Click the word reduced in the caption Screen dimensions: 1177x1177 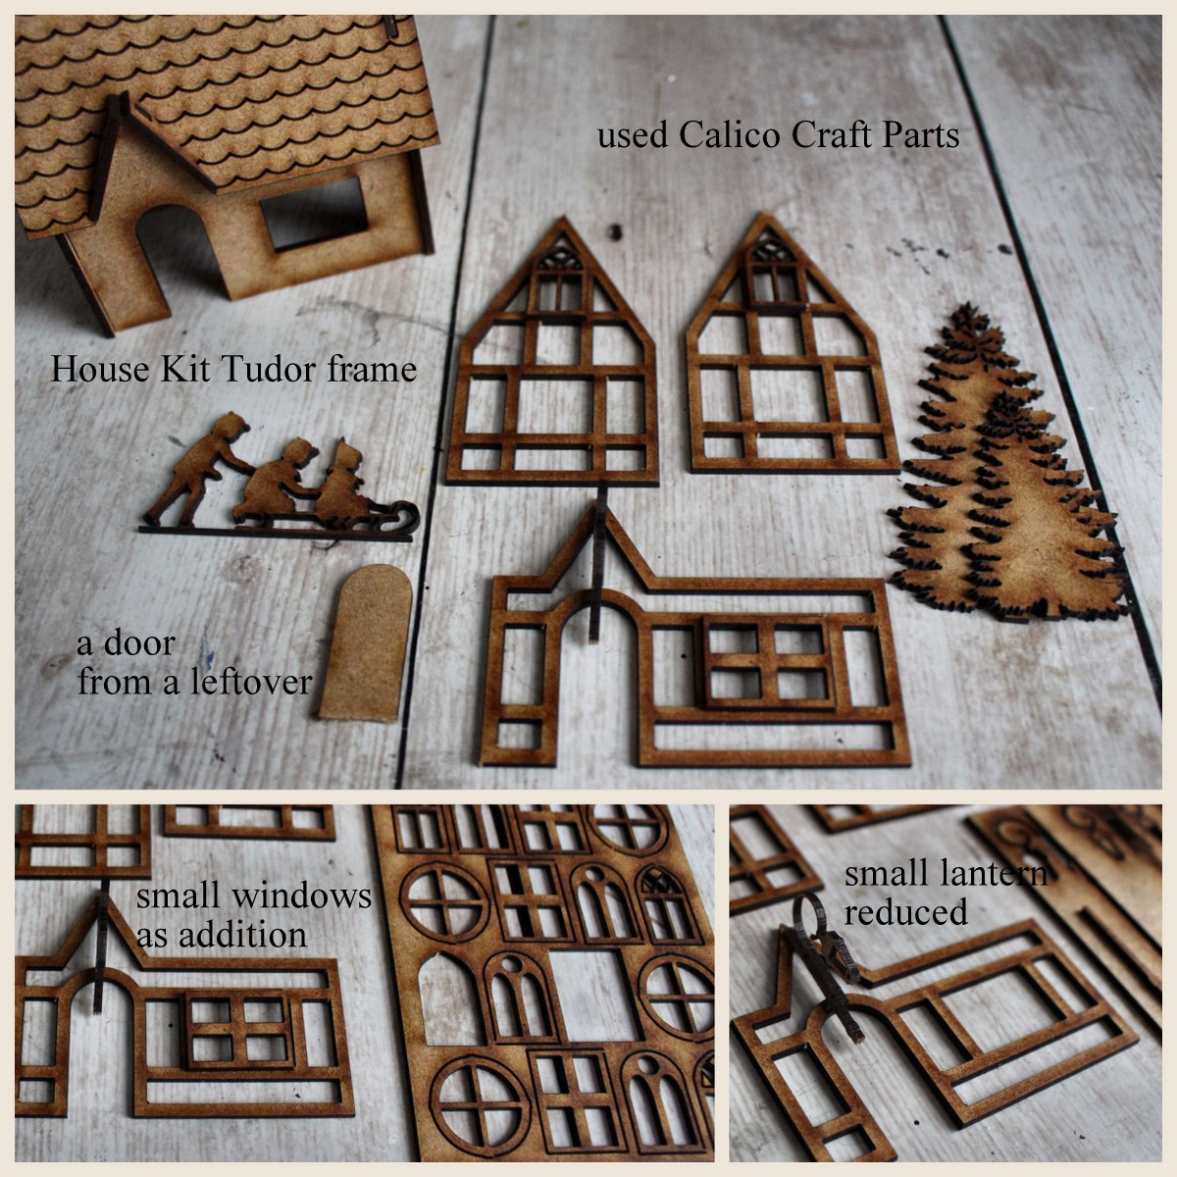click(904, 912)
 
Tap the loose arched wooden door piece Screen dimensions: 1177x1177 click(366, 642)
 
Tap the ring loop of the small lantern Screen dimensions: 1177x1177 click(810, 914)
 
